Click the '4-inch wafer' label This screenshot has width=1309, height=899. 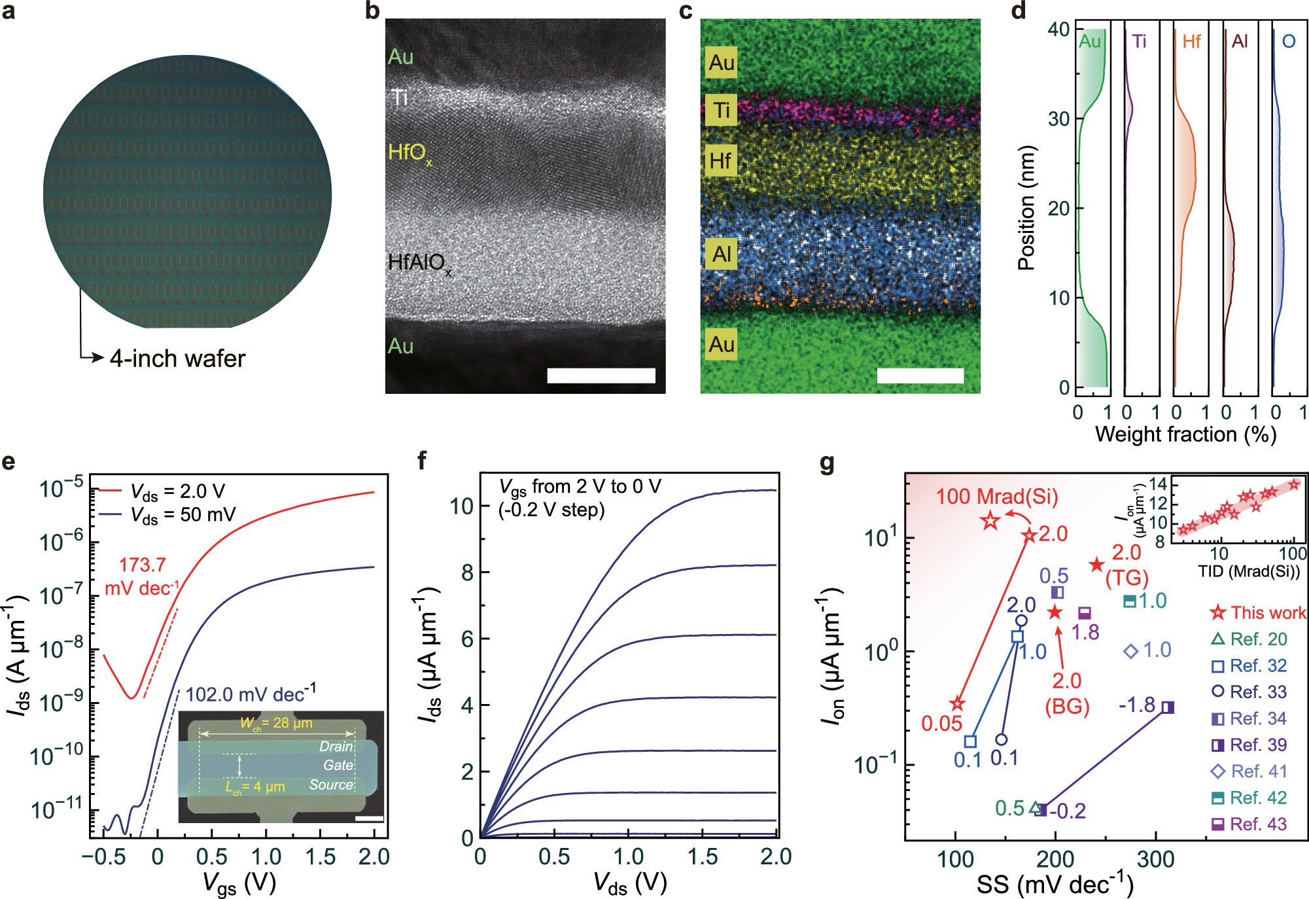click(x=177, y=359)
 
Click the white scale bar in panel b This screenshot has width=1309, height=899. click(x=601, y=375)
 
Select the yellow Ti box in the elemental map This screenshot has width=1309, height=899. click(x=721, y=110)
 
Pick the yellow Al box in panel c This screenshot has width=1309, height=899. click(x=721, y=254)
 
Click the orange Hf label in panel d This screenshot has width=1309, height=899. click(x=1191, y=42)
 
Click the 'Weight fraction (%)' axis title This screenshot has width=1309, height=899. click(x=1185, y=434)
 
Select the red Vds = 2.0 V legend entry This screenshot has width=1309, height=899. click(x=164, y=491)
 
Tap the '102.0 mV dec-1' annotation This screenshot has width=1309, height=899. click(x=251, y=694)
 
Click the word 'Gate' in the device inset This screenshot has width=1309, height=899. click(x=338, y=765)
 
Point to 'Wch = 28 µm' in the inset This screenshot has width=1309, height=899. click(x=276, y=723)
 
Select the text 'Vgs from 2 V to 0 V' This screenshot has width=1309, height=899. click(x=580, y=486)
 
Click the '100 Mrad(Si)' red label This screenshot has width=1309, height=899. click(x=996, y=497)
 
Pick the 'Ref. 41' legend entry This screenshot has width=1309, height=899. click(x=1249, y=771)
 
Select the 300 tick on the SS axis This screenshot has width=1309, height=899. click(x=1155, y=858)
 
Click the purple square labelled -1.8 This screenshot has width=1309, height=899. click(x=1168, y=707)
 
